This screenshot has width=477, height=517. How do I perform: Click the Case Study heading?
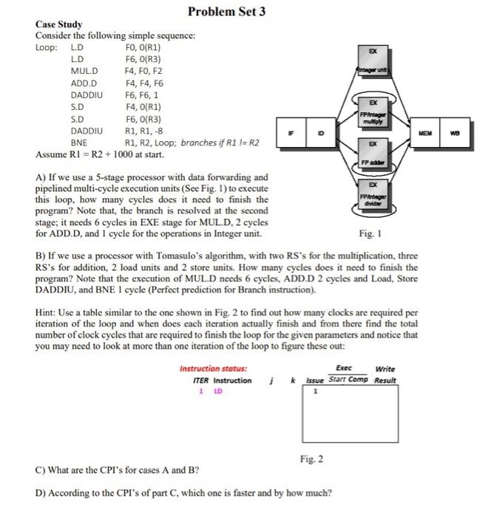tap(59, 25)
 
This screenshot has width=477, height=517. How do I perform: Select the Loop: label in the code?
tap(47, 47)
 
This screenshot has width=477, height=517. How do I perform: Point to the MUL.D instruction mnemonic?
tap(84, 70)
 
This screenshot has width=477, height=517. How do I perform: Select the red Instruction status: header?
tap(213, 369)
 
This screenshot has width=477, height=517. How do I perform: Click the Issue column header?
tap(315, 381)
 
